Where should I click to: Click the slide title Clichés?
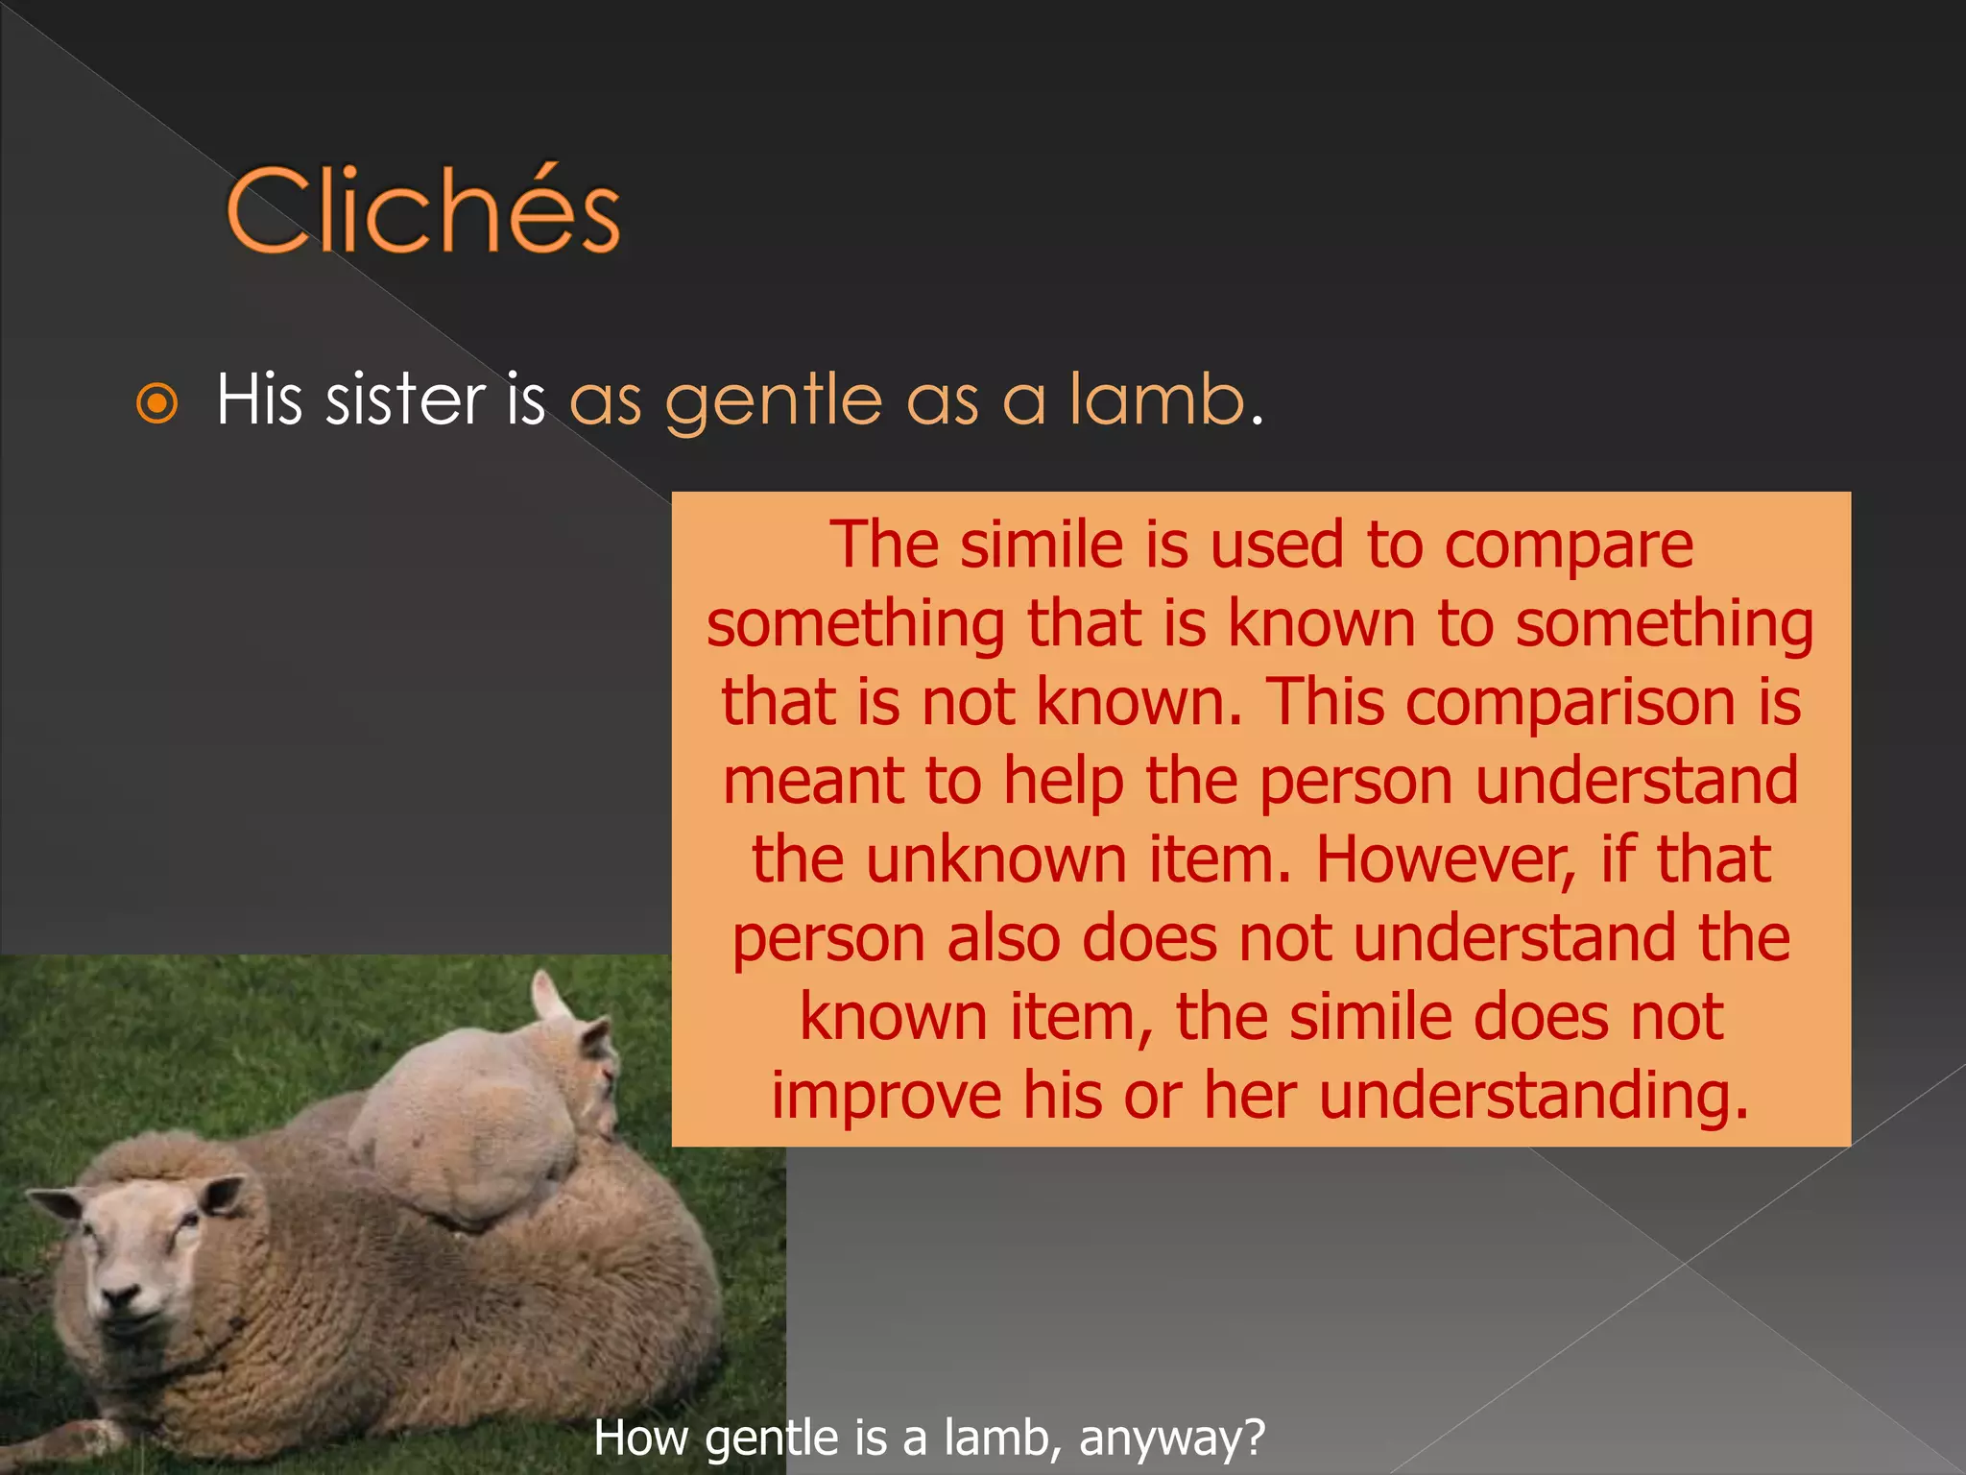click(423, 210)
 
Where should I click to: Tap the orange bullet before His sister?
click(157, 403)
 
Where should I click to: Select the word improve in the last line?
click(886, 1097)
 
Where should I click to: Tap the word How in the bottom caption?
click(641, 1439)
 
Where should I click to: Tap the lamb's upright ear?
click(551, 999)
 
